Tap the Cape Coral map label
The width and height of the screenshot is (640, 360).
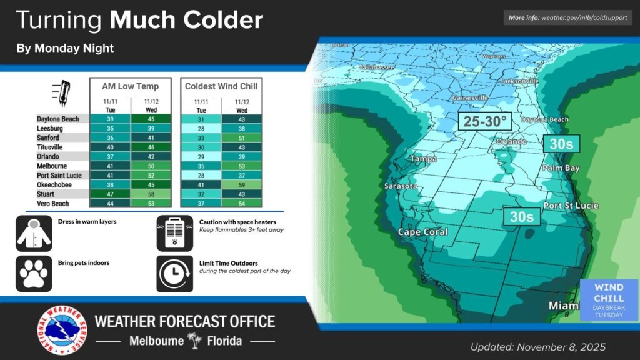(423, 232)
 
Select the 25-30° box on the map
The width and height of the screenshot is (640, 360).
(485, 121)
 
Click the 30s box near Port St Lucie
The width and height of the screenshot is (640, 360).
(521, 216)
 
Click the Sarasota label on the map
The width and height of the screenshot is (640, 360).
(401, 186)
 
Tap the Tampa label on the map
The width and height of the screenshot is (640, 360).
(423, 159)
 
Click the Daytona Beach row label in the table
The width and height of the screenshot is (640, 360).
(58, 119)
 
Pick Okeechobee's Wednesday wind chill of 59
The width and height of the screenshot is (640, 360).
(242, 186)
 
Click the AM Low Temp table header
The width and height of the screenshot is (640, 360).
(130, 86)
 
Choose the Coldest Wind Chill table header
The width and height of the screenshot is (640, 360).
(221, 86)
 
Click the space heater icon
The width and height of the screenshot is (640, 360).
(173, 233)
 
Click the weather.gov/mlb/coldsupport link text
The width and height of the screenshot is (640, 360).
(584, 17)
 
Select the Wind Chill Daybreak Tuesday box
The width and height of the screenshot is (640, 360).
(608, 301)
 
